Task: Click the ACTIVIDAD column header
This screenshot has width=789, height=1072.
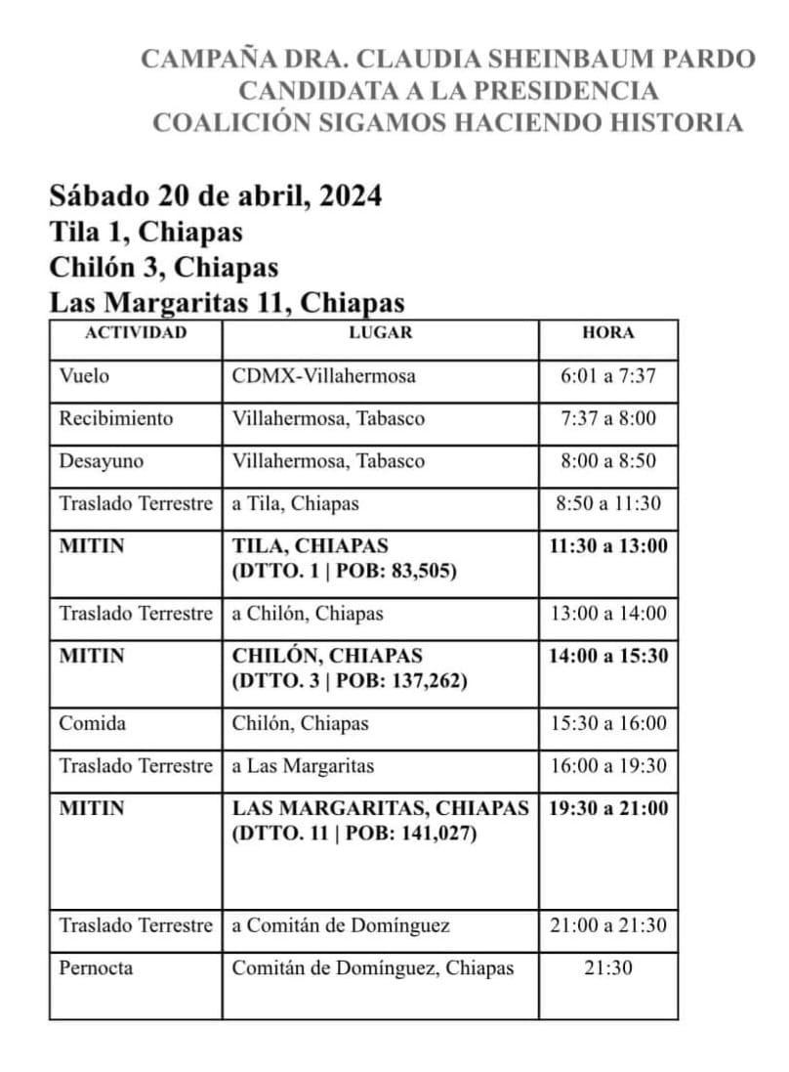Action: coord(136,332)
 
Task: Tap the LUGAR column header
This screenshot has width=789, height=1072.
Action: coord(381,332)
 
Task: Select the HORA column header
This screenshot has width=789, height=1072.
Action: coord(607,332)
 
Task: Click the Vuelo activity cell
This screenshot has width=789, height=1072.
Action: coord(84,376)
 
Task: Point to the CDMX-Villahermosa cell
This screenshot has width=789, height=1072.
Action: coord(323,376)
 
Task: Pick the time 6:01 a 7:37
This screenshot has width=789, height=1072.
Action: coord(607,376)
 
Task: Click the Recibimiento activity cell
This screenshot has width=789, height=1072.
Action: coord(115,418)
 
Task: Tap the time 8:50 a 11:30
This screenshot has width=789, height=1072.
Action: coord(607,503)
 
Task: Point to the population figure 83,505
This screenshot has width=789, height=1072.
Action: coord(423,572)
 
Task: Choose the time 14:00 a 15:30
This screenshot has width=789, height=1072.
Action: coord(608,656)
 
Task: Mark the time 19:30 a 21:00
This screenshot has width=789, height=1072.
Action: coord(608,808)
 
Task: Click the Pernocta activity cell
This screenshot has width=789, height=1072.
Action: coord(96,968)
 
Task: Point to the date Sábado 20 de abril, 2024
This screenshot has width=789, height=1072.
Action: coord(215,196)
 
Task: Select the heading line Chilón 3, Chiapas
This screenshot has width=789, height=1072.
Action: coord(164,267)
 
